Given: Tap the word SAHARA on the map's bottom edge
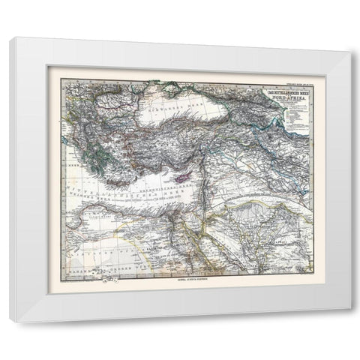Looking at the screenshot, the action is tap(75, 265).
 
